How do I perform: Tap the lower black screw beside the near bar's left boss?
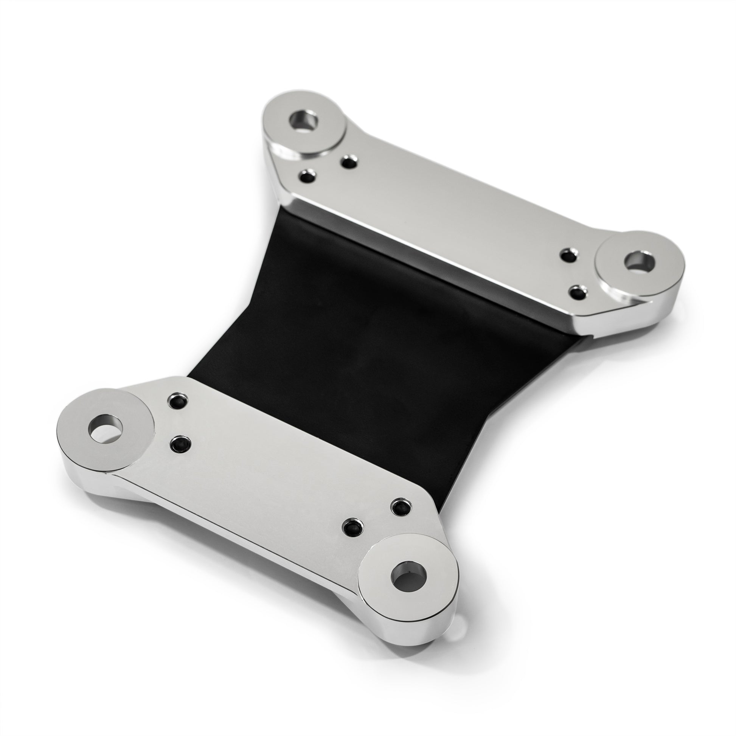(x=181, y=443)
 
